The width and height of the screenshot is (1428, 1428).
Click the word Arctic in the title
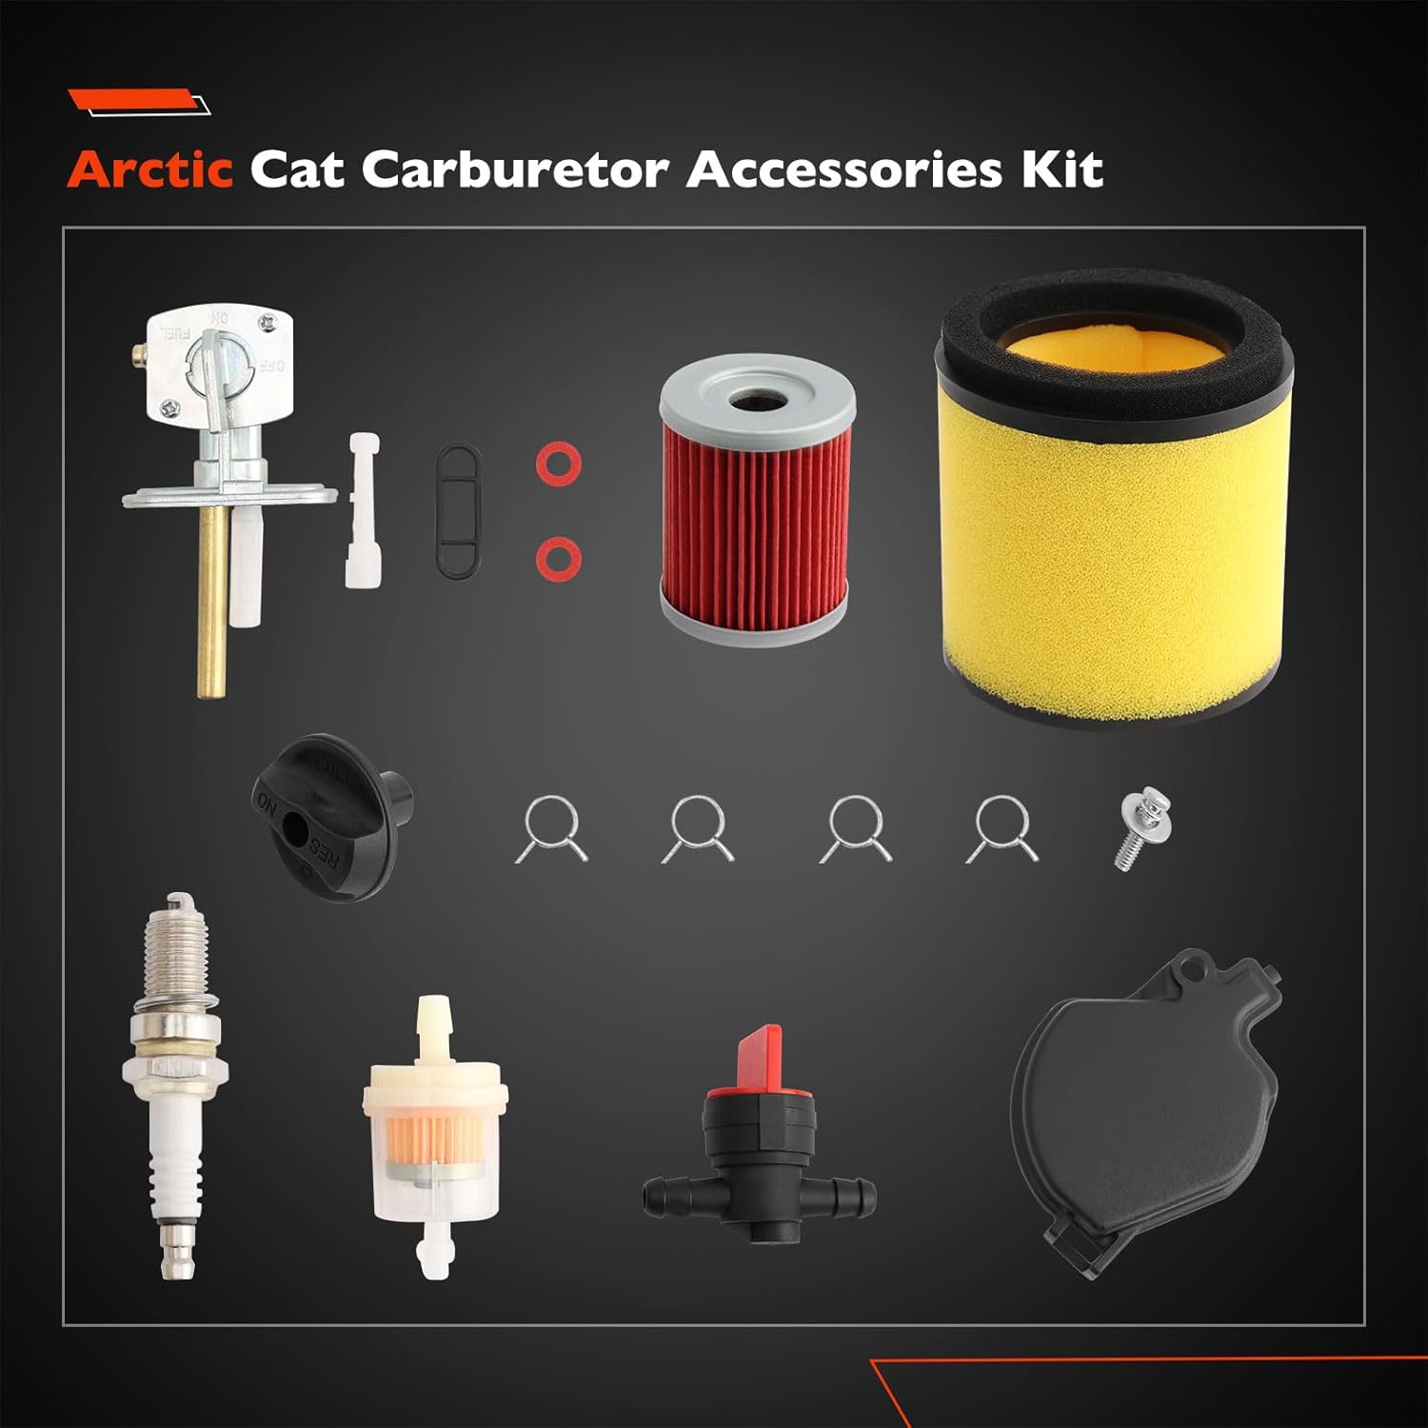coord(150,169)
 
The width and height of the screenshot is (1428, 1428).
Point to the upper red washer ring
coord(557,465)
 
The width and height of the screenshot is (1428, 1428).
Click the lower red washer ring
coord(557,557)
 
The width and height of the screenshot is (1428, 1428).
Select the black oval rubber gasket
coord(458,511)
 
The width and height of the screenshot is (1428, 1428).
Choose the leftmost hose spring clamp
coord(552,828)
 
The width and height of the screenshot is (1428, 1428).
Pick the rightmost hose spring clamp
coord(1002,828)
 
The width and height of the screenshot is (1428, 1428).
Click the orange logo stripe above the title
coord(133,99)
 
